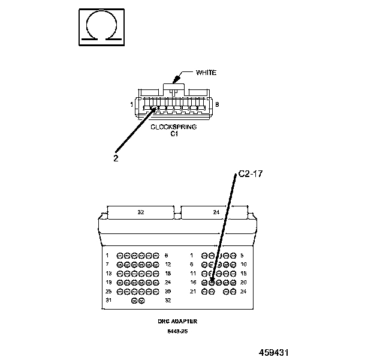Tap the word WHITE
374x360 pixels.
(x=206, y=73)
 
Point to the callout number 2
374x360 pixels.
(x=116, y=158)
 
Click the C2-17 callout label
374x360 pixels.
(x=250, y=173)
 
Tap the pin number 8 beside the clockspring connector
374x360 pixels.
(x=217, y=105)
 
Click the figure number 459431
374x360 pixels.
(x=277, y=352)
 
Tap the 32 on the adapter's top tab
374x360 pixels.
(x=141, y=212)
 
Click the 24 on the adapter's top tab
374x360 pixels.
(x=216, y=212)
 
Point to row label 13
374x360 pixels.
(x=107, y=273)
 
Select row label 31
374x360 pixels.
(x=107, y=300)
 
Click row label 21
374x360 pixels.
(x=192, y=291)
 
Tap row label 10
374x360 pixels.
(x=244, y=264)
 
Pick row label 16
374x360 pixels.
(x=192, y=282)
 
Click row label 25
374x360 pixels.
(x=107, y=291)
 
